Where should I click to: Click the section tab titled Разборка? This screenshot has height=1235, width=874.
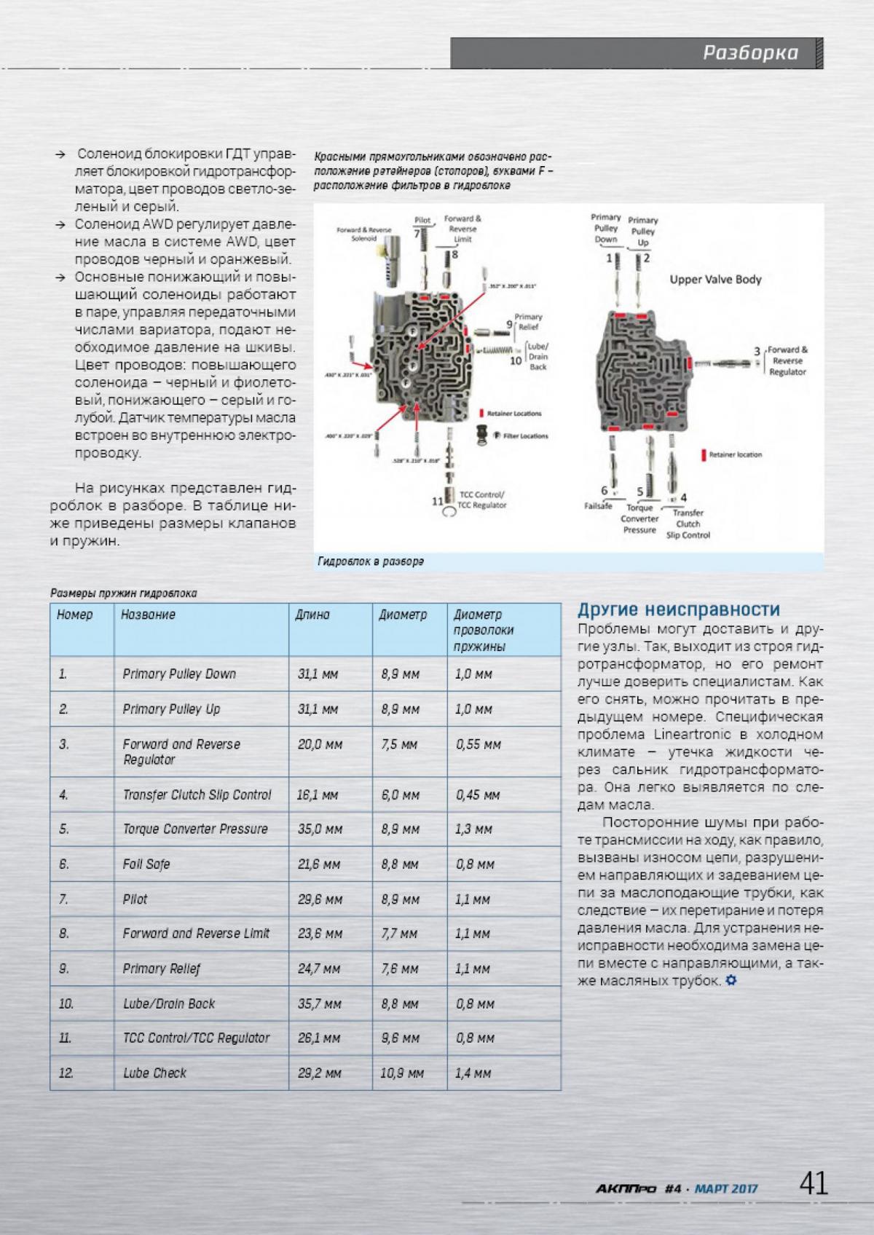[x=750, y=53]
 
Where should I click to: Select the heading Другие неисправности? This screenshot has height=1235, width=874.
[x=678, y=609]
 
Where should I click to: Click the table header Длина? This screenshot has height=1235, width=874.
[x=312, y=615]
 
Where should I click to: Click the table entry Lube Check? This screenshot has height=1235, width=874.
[x=154, y=1073]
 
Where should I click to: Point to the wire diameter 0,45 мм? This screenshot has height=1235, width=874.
[x=478, y=795]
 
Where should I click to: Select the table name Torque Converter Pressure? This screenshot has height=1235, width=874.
[x=195, y=829]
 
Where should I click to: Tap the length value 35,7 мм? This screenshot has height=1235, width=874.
[x=320, y=1004]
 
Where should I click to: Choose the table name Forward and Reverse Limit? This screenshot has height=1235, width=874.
[x=196, y=934]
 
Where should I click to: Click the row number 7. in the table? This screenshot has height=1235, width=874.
[x=63, y=900]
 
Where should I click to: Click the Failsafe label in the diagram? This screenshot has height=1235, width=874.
[x=598, y=506]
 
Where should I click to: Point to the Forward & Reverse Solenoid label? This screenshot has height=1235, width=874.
[x=363, y=234]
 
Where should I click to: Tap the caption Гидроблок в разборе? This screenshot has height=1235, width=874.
[x=371, y=562]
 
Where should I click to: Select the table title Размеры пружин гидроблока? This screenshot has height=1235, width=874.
[x=124, y=593]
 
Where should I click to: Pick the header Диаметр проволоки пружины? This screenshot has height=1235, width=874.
[x=484, y=631]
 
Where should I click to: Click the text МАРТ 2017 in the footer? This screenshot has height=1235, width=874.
[x=726, y=1189]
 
